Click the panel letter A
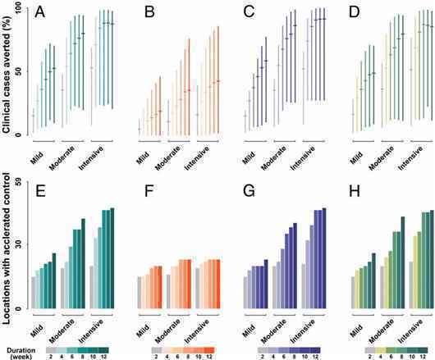click(x=40, y=13)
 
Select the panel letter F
click(x=149, y=191)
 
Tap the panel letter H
click(x=355, y=191)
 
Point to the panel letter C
click(x=249, y=13)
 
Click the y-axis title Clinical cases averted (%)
click(x=6, y=75)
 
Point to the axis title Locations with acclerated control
click(x=6, y=248)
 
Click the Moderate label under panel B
click(x=167, y=157)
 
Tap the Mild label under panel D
click(x=356, y=157)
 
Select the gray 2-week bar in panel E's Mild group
click(x=34, y=293)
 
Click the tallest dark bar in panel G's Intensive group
click(x=324, y=258)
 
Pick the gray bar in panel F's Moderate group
click(x=168, y=291)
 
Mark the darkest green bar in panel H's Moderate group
click(x=403, y=262)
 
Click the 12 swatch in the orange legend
click(x=209, y=350)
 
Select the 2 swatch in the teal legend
click(x=52, y=350)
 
